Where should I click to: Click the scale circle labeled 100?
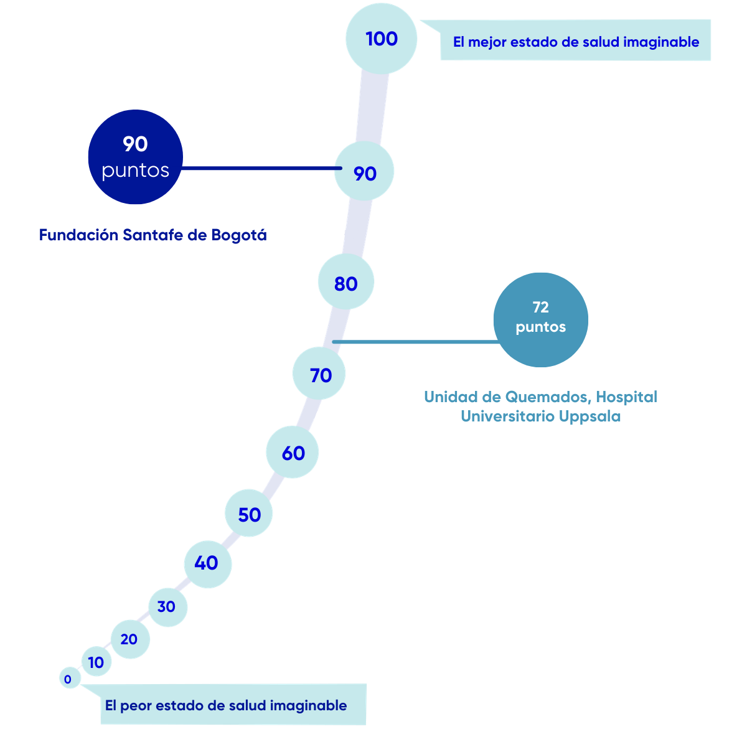click(381, 39)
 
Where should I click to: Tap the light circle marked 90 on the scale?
click(364, 172)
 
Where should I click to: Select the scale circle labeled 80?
click(345, 283)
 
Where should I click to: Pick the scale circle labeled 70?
click(320, 375)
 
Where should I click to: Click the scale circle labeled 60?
click(293, 453)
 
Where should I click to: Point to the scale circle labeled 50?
click(249, 514)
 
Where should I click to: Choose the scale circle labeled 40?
click(207, 563)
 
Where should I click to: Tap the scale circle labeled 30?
click(167, 606)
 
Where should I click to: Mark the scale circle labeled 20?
click(129, 639)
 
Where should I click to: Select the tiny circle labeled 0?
click(68, 679)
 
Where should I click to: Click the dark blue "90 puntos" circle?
click(135, 157)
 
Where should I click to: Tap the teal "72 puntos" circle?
click(540, 319)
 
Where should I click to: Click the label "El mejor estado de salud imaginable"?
click(575, 42)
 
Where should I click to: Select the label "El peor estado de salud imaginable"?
click(227, 705)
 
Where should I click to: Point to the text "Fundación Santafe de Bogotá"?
click(153, 235)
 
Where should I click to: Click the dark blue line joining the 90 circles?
click(258, 168)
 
